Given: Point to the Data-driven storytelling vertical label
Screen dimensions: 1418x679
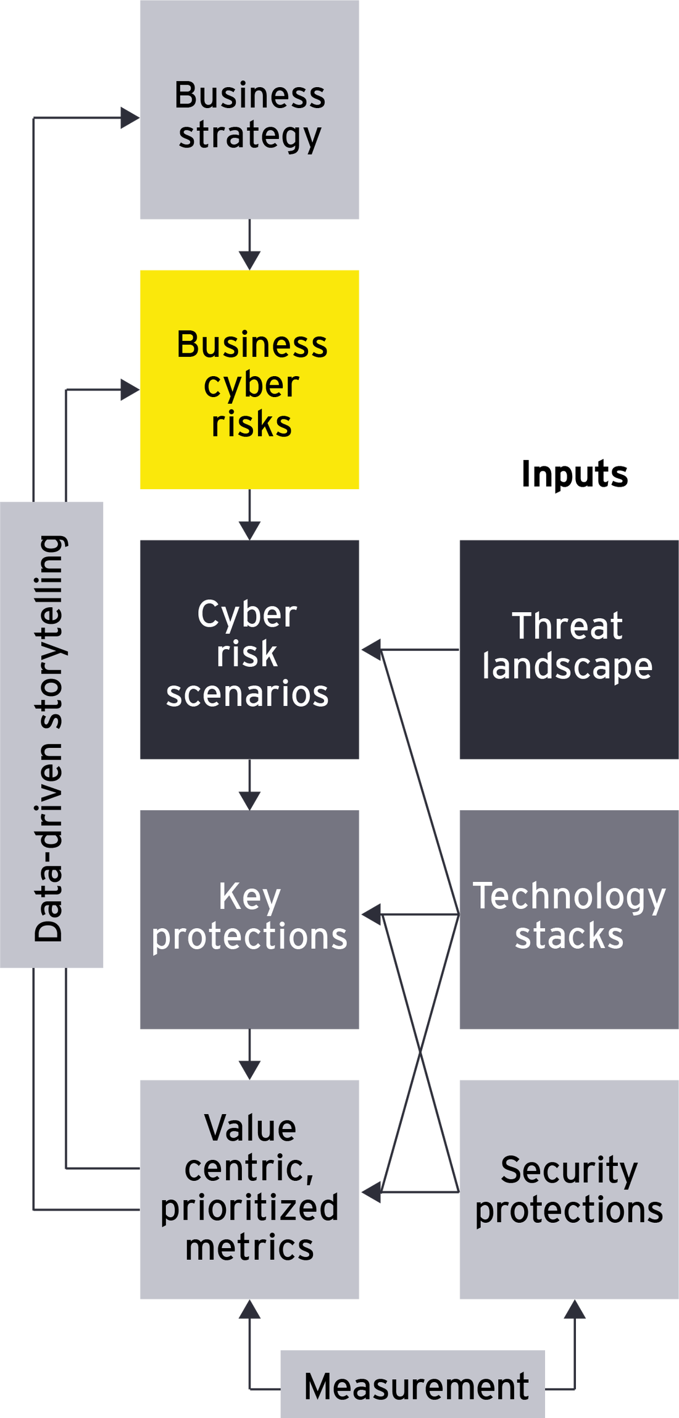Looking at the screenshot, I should (x=52, y=735).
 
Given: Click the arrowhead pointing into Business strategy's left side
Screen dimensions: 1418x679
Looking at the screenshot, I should (x=130, y=117).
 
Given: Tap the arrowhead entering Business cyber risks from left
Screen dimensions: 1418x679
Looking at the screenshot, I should (x=130, y=390).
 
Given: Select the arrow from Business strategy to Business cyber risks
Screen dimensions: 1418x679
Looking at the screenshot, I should (x=249, y=245).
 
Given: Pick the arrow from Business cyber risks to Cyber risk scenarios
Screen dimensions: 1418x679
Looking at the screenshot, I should (x=249, y=515).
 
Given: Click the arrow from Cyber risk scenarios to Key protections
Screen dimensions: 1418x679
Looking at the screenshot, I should (x=249, y=785).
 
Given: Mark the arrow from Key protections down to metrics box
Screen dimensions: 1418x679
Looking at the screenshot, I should (x=249, y=1055).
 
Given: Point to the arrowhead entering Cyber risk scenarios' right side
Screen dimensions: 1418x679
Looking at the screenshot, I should (x=371, y=650).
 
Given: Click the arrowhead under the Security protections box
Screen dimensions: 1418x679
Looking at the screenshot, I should (x=574, y=1310).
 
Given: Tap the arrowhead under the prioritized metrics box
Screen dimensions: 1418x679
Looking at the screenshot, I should (x=249, y=1310).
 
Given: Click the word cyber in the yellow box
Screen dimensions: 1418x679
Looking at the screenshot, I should (x=251, y=385).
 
